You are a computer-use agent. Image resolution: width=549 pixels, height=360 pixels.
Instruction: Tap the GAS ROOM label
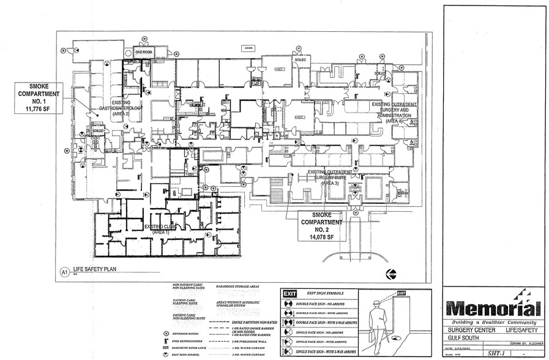pos(144,53)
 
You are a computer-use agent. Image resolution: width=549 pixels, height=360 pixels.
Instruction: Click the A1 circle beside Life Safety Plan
pos(63,271)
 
